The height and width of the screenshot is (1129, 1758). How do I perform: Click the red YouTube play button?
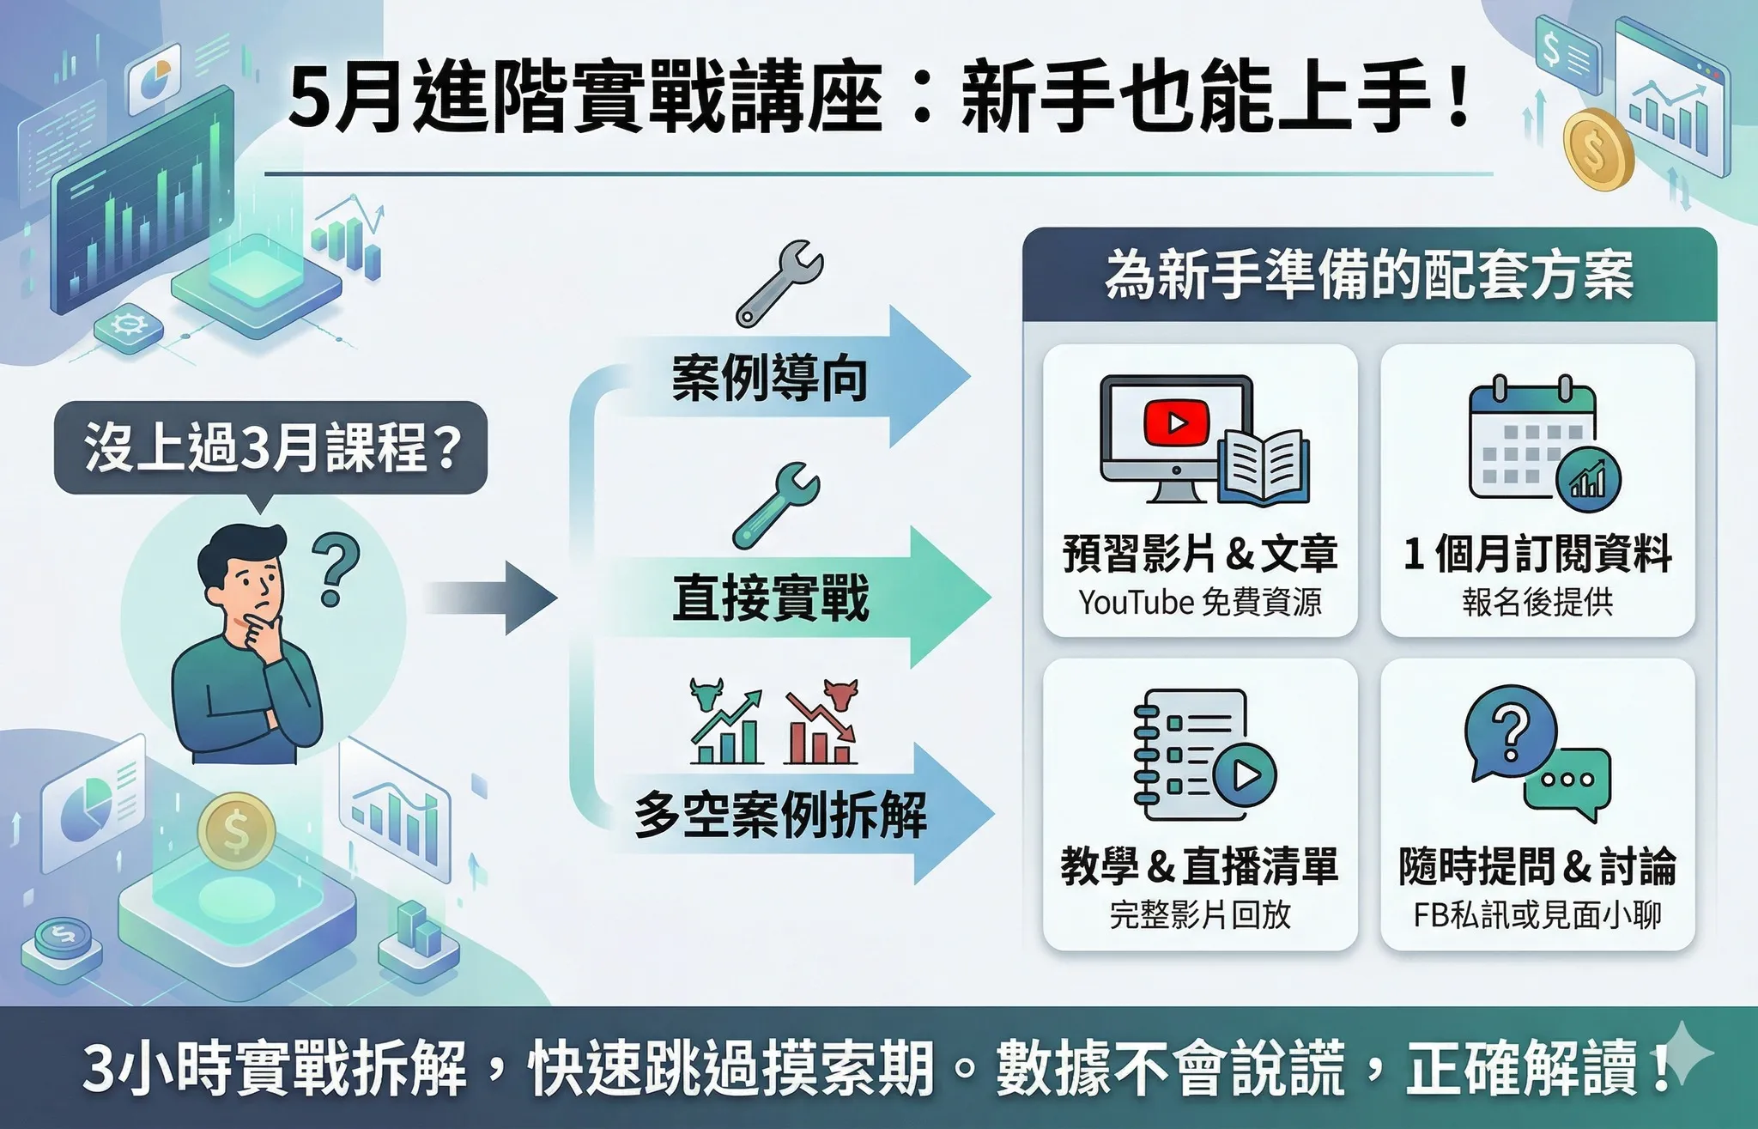1176,422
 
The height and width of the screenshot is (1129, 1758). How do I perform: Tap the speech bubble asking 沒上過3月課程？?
271,448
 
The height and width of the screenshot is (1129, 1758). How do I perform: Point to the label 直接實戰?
770,598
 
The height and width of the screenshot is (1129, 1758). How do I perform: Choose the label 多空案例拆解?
780,814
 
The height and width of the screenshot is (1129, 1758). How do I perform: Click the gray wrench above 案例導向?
779,283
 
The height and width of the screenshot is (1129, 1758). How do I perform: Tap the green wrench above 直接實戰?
776,506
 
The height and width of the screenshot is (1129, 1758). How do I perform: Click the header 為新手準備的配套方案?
1369,276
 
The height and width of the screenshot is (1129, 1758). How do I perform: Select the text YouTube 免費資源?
1200,603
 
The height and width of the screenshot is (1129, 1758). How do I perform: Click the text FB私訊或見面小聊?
1537,915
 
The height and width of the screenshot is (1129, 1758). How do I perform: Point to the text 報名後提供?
1537,603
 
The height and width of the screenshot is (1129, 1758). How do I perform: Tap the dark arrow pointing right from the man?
490,598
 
